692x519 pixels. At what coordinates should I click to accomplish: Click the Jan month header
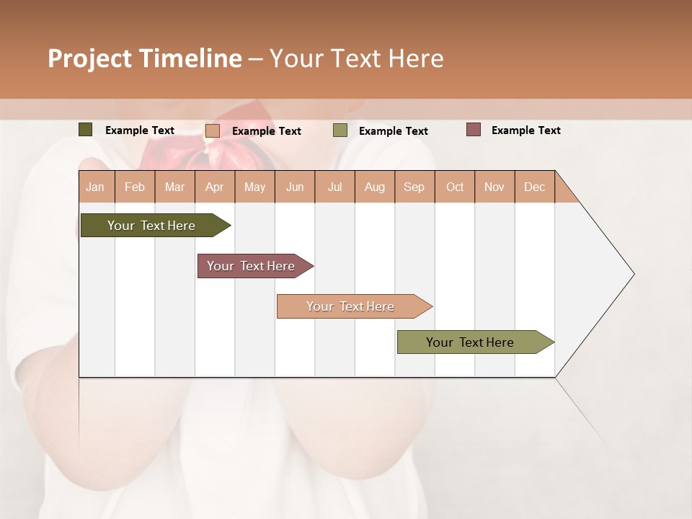click(96, 187)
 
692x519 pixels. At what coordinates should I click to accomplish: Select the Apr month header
click(215, 187)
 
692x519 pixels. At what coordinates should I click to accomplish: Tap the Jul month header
click(334, 187)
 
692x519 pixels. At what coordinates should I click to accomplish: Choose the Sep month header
click(414, 187)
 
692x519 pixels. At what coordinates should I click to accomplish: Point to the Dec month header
click(534, 187)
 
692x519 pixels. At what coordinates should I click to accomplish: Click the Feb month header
click(135, 187)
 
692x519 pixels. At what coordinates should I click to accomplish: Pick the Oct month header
click(455, 187)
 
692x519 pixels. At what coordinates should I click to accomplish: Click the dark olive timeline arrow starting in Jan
click(152, 226)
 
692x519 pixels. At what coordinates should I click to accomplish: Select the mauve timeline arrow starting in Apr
click(252, 266)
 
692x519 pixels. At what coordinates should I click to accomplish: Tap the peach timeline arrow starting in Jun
click(351, 306)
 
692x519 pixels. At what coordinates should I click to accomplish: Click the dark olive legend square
click(86, 130)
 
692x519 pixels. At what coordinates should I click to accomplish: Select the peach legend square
click(213, 130)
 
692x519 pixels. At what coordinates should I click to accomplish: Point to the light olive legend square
click(340, 130)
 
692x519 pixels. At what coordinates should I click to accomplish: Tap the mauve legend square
click(473, 130)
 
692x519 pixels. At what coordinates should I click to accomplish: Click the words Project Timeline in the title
click(145, 58)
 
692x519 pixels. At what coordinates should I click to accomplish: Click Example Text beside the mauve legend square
click(525, 130)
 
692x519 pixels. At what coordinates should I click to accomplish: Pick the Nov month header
click(494, 187)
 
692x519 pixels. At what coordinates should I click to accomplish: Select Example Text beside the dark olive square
click(140, 130)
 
